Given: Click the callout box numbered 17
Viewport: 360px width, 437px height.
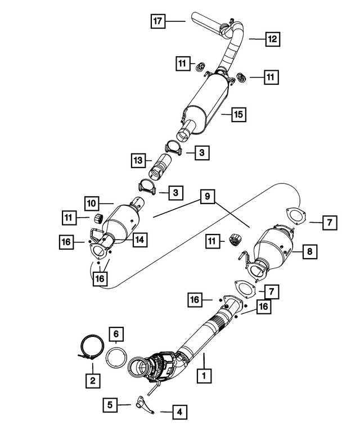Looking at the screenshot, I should [158, 21].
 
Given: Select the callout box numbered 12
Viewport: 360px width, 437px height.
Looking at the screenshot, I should [272, 39].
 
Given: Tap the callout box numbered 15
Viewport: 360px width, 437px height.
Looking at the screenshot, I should [238, 115].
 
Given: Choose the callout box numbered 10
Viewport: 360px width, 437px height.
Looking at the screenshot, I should [92, 202].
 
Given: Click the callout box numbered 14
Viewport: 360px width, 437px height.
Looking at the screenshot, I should [139, 239].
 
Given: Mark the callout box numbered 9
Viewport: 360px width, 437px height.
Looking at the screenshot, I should [207, 197].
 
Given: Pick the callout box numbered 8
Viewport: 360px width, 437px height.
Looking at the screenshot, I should [310, 253].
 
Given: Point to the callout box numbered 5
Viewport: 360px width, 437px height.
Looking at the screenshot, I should [110, 403].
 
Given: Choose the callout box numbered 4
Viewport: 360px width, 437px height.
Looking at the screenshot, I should [179, 412].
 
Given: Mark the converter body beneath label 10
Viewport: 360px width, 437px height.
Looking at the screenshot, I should [124, 223].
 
